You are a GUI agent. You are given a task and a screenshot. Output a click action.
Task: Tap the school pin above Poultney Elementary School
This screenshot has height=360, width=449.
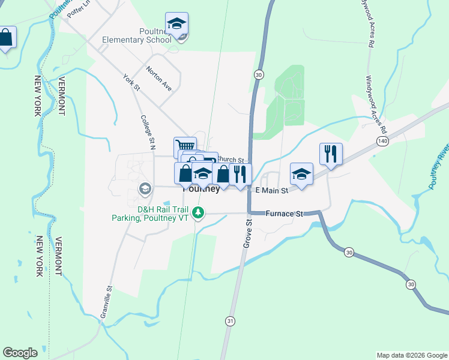point(176,24)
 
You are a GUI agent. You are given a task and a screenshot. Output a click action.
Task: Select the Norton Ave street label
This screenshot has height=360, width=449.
point(158,79)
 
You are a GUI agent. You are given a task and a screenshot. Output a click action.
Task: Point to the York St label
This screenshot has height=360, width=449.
point(131,83)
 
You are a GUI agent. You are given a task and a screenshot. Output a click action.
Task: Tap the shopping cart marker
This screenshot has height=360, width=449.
point(185,146)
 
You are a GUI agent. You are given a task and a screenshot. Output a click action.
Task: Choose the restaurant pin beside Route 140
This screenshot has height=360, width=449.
point(331,154)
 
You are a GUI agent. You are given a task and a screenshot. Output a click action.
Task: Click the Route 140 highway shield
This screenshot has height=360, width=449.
point(382,140)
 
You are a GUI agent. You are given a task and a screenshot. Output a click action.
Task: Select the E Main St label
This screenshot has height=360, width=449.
point(272,190)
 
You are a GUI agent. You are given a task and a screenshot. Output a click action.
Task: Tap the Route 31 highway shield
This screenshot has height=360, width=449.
point(230,322)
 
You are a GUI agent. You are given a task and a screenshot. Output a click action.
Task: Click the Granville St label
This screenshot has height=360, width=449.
point(106,302)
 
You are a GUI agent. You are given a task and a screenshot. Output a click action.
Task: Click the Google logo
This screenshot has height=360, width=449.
point(20,353)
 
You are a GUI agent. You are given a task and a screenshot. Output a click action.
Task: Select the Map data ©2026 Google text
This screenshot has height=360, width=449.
point(411,355)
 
